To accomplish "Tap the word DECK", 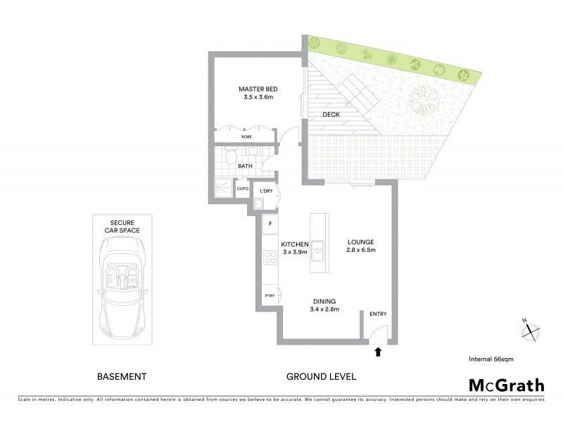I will click(331, 114).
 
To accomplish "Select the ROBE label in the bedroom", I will click(246, 136).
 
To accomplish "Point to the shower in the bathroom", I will click(222, 188).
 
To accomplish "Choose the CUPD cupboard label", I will click(243, 188).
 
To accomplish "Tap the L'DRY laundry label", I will click(266, 191).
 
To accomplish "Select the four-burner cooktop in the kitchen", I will click(270, 257).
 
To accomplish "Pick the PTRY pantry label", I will click(270, 296).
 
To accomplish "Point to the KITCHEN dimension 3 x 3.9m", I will click(296, 252).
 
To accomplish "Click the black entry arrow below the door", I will click(379, 351).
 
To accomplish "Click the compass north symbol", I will click(533, 330).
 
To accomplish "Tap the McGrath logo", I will click(506, 385).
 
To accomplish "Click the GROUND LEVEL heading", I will click(321, 376).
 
